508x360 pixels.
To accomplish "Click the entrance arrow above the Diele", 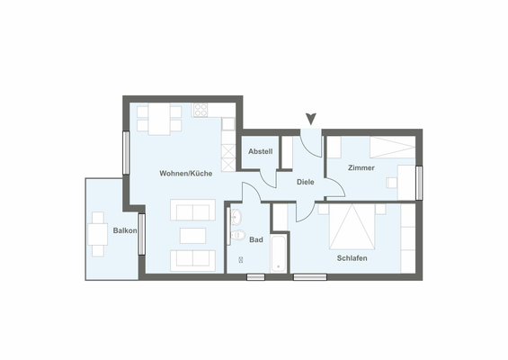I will [x=311, y=118].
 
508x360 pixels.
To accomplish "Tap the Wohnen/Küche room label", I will [x=186, y=173].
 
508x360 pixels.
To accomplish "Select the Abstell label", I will [x=261, y=151].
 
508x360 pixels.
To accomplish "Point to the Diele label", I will [x=306, y=182].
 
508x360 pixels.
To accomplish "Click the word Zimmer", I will [x=361, y=167].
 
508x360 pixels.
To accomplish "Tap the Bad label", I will [x=256, y=239].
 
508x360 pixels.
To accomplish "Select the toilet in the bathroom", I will [x=238, y=236].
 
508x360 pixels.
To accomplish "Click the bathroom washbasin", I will [x=236, y=218].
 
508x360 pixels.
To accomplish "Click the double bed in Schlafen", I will [x=352, y=227].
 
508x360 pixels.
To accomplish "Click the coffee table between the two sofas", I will [x=192, y=236].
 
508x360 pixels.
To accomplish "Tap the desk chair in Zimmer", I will [x=392, y=183].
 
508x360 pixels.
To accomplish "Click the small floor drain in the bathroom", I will [x=241, y=260].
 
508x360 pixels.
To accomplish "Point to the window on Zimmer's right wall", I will [x=419, y=181].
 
